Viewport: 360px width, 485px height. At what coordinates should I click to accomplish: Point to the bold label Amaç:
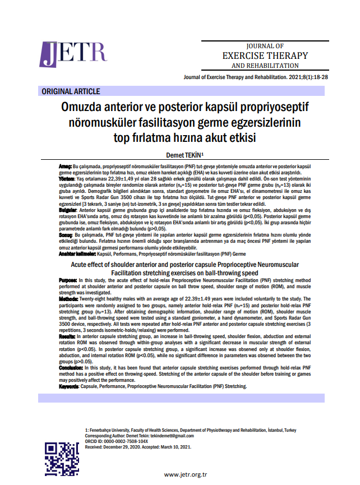(66, 168)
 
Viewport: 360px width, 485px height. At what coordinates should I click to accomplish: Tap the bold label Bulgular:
(69, 210)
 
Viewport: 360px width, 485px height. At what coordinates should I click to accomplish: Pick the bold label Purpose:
(70, 279)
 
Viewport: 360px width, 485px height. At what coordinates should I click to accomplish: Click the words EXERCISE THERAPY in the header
(265, 56)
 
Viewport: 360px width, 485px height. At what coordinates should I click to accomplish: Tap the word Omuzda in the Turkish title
(89, 107)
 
